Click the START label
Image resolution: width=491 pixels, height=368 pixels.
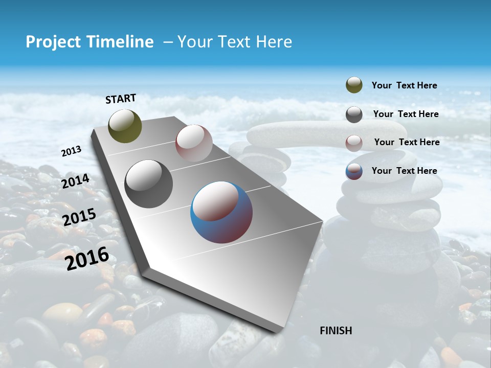[121, 99]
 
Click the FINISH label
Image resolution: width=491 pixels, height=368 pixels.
[336, 331]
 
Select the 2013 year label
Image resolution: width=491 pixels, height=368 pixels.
[72, 151]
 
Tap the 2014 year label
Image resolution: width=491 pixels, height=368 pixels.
[76, 181]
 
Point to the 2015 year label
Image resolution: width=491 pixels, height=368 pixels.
[79, 217]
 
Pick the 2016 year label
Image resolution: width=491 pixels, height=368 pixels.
[87, 258]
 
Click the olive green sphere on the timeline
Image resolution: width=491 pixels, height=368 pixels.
[125, 126]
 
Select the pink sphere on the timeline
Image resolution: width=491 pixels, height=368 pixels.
[194, 143]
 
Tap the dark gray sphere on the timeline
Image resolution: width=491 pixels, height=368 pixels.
[149, 184]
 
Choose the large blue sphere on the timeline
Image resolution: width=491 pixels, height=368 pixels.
[221, 212]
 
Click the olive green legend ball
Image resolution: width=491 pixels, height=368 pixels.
[354, 85]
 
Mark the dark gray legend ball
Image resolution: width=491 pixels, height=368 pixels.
[354, 114]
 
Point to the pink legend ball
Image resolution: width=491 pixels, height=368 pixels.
[354, 143]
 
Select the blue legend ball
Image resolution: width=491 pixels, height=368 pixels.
[354, 171]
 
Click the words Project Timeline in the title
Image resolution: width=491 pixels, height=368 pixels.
[90, 42]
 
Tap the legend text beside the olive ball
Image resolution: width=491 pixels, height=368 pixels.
[404, 85]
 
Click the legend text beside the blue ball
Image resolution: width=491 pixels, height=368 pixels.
[404, 171]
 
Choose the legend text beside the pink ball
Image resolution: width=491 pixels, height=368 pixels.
[407, 142]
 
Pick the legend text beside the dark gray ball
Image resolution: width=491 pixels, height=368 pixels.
[406, 114]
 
